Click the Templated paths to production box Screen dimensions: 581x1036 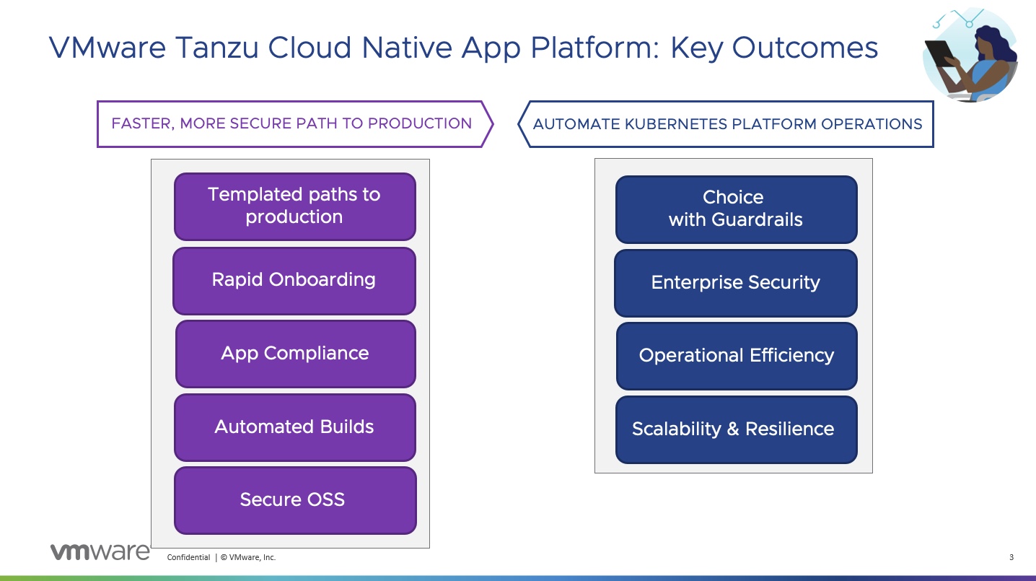tap(294, 206)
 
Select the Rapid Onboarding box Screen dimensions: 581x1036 tap(294, 281)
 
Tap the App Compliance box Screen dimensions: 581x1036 tap(295, 354)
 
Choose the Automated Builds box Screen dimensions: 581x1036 tap(294, 427)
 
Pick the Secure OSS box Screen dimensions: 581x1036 tap(294, 500)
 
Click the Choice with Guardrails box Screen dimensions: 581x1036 tap(736, 209)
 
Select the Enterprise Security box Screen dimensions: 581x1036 tap(735, 283)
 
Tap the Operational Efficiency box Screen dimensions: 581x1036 tap(736, 356)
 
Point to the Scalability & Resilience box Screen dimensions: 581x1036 tap(736, 429)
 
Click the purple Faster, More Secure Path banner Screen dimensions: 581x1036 tap(292, 124)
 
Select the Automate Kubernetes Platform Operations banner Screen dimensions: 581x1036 tap(727, 124)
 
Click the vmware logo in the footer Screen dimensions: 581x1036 tap(100, 552)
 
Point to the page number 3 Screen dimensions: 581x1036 tap(1011, 557)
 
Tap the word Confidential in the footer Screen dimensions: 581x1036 tap(188, 557)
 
